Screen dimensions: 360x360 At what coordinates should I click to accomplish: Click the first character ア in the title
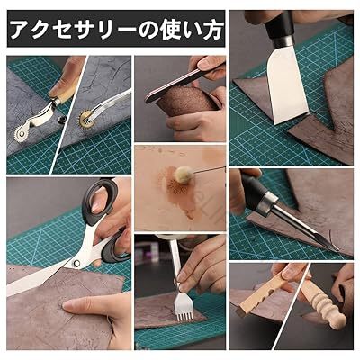tap(22, 30)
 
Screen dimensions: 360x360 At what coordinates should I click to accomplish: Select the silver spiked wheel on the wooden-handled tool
tap(21, 134)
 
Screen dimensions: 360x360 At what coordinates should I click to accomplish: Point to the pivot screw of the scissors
tap(76, 264)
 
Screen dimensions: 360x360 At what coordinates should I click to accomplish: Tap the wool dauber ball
tap(182, 175)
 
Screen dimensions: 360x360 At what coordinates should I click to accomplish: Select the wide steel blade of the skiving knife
tap(286, 87)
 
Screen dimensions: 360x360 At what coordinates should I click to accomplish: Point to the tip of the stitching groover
tap(337, 249)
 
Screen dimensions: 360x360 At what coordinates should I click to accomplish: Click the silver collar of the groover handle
tap(268, 202)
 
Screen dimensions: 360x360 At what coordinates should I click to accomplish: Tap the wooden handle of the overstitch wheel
tap(66, 91)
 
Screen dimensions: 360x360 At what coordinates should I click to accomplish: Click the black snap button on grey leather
tap(60, 119)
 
